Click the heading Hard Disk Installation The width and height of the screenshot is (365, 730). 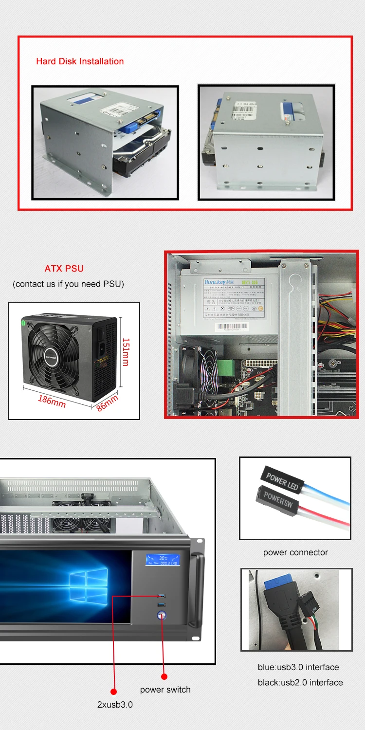(x=80, y=61)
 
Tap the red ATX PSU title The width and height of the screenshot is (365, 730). (x=64, y=269)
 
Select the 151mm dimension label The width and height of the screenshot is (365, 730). (x=126, y=352)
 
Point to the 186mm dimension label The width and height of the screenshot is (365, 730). (x=52, y=401)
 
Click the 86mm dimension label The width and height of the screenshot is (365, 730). (x=107, y=403)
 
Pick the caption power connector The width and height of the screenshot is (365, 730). (x=295, y=552)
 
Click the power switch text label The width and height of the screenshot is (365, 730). (x=165, y=690)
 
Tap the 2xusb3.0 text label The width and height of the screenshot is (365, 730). (x=114, y=704)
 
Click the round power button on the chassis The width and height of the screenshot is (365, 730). (x=162, y=616)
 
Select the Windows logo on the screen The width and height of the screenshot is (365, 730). (x=88, y=587)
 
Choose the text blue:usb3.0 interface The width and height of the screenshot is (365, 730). (x=298, y=667)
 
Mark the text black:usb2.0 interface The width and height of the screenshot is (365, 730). (x=300, y=682)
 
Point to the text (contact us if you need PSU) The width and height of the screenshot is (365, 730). (x=68, y=284)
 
